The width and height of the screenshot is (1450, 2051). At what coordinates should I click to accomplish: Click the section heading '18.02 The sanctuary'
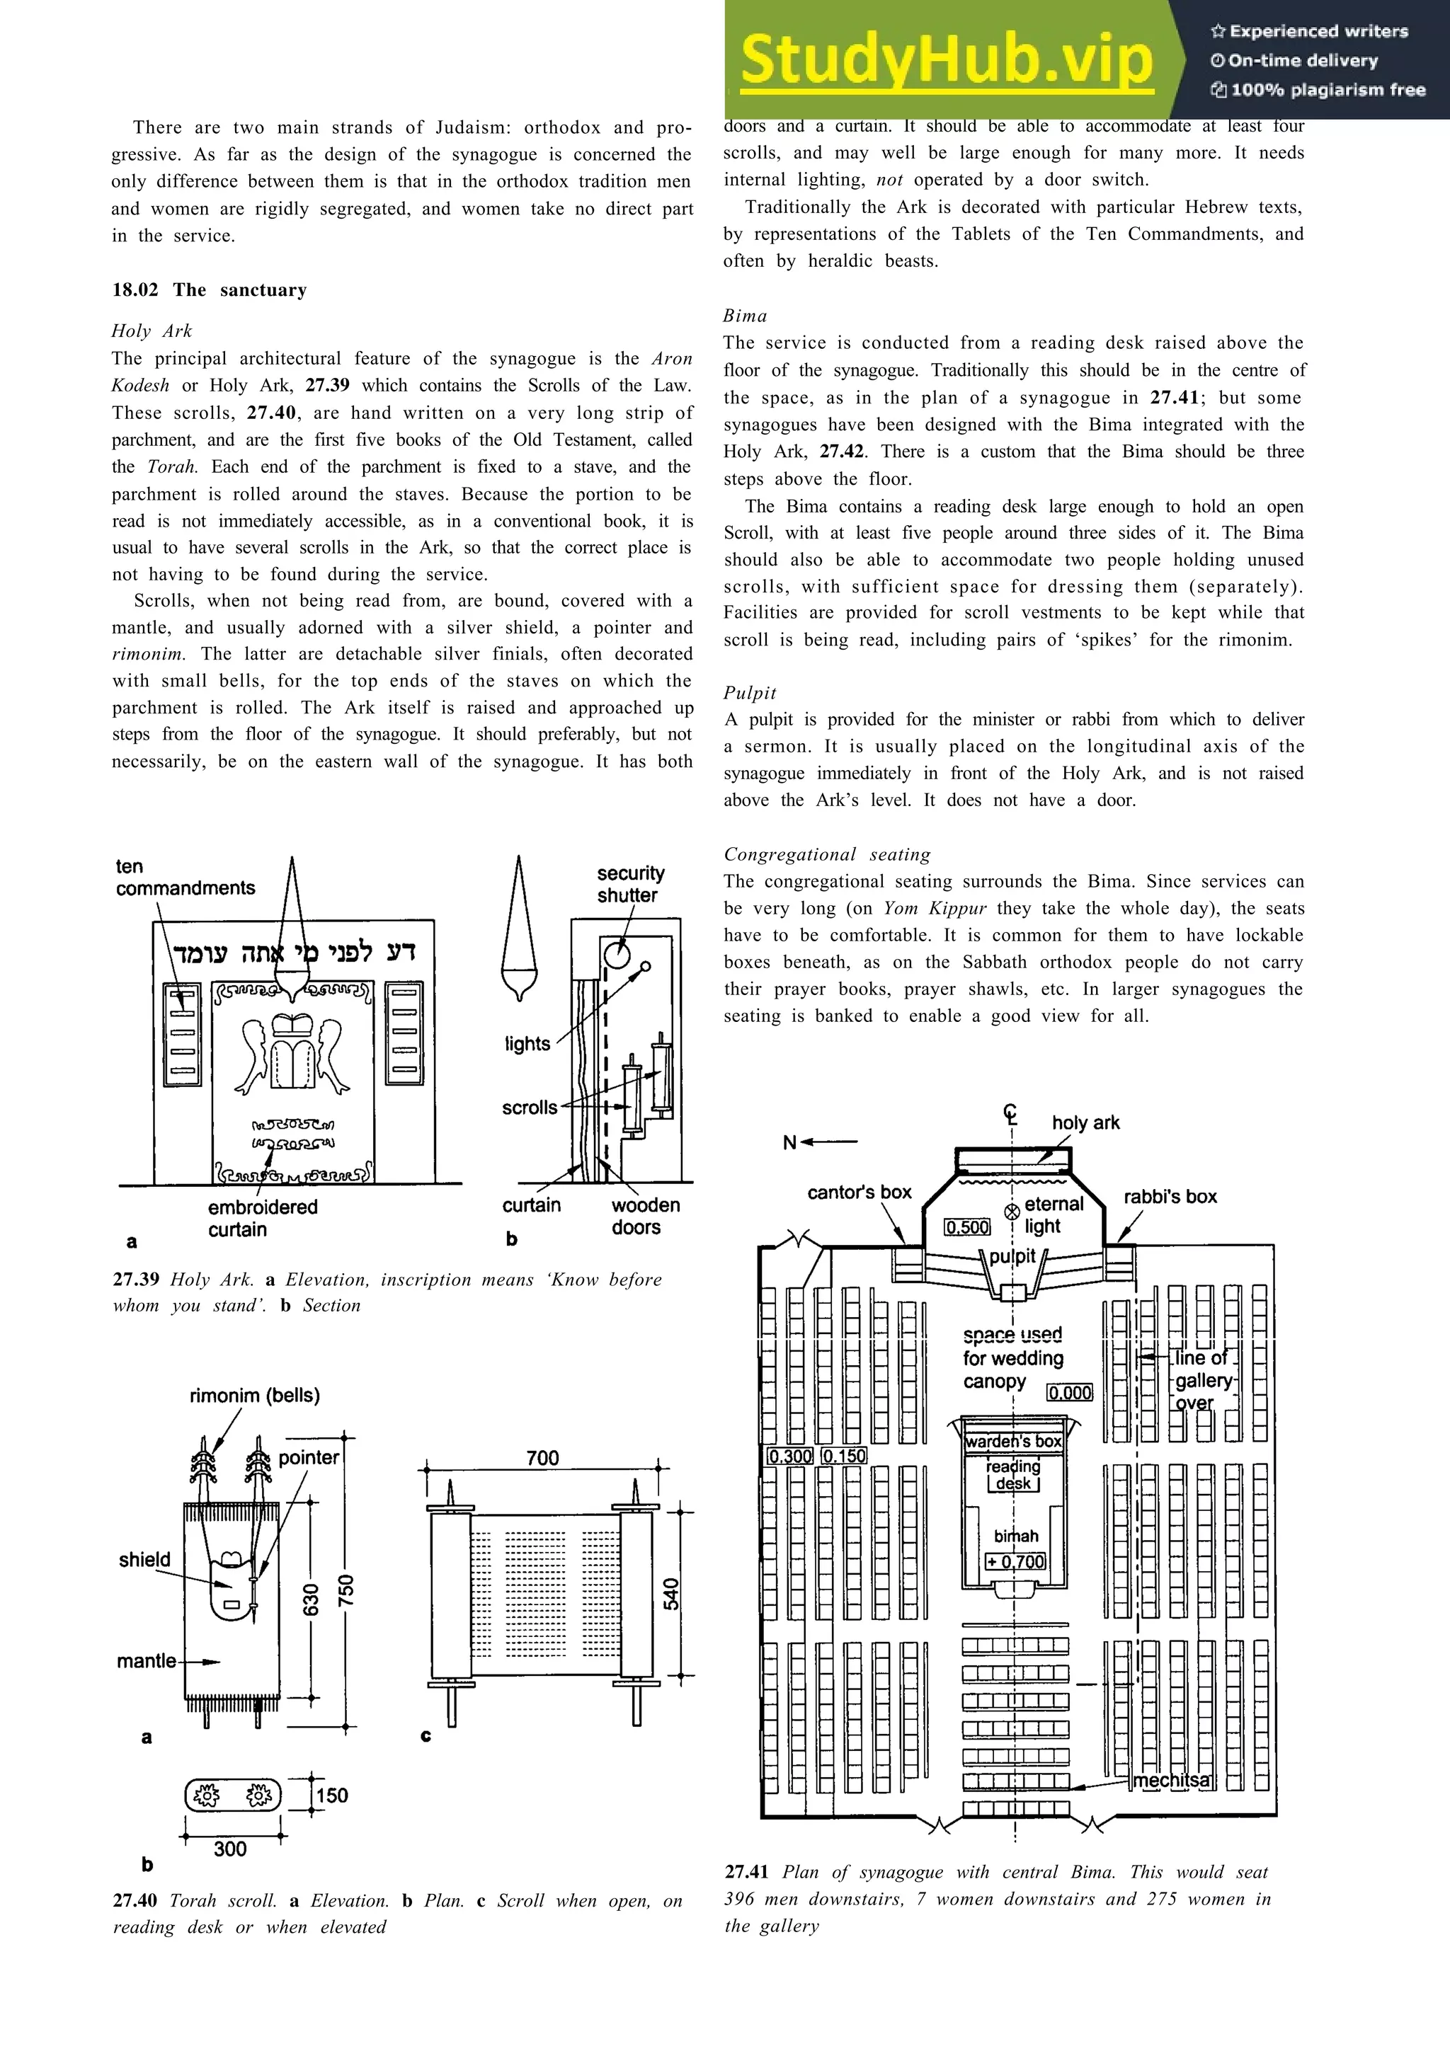click(209, 289)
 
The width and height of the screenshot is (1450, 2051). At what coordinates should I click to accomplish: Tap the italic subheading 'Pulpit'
click(750, 692)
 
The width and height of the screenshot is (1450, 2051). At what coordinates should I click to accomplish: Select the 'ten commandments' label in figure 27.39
click(184, 877)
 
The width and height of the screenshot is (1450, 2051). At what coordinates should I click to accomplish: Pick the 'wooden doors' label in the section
click(644, 1216)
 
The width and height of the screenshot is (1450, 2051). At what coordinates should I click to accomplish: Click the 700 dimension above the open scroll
click(542, 1458)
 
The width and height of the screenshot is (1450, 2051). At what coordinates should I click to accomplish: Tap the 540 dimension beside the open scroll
click(671, 1594)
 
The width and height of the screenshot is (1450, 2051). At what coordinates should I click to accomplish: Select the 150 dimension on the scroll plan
click(331, 1796)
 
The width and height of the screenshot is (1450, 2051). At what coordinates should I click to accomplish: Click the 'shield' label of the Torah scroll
click(144, 1560)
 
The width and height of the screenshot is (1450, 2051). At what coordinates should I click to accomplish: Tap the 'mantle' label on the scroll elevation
click(146, 1660)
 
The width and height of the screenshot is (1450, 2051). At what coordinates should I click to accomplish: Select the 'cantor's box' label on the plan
click(859, 1192)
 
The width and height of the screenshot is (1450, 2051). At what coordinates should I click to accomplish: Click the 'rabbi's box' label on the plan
click(1170, 1196)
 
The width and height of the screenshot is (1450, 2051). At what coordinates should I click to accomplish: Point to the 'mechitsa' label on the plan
click(1172, 1781)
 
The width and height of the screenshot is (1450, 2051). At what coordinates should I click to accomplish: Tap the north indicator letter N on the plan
click(789, 1142)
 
